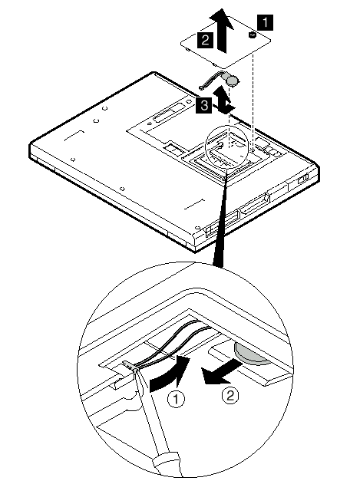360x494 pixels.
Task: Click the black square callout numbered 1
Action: pos(266,22)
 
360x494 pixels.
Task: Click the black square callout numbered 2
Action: pos(205,41)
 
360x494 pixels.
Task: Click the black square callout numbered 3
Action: pos(204,104)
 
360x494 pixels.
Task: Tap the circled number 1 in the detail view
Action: pos(176,399)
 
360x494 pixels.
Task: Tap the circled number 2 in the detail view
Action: pos(230,395)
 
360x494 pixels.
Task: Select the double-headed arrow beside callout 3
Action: pos(225,100)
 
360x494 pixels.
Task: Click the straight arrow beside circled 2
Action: pos(223,372)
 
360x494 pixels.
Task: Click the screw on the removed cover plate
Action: pos(253,35)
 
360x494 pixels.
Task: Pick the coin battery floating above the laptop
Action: pos(233,81)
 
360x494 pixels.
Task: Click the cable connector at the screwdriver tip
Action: pos(130,365)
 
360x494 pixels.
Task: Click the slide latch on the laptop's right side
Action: pos(302,179)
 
